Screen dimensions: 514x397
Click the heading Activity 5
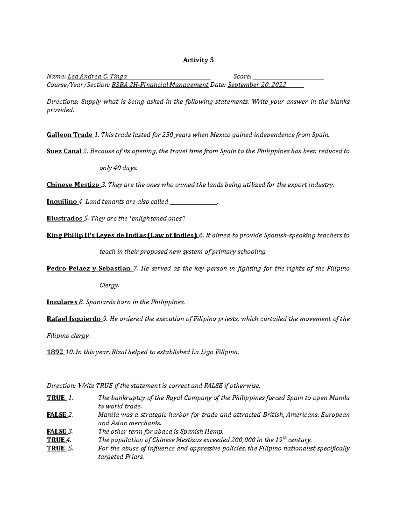click(198, 60)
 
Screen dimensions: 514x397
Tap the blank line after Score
click(288, 77)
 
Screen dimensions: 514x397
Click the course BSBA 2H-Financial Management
click(160, 85)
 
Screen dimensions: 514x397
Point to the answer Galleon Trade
click(69, 135)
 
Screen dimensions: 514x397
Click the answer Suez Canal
click(64, 152)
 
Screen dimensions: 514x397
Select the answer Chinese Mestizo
click(73, 185)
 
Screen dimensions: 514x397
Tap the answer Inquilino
click(62, 202)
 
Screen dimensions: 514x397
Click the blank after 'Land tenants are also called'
click(193, 202)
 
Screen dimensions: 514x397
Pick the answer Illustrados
click(65, 218)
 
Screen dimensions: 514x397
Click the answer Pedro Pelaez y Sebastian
click(89, 269)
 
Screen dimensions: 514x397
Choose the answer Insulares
click(62, 302)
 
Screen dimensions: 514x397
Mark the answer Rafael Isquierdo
click(74, 319)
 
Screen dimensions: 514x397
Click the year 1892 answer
click(55, 352)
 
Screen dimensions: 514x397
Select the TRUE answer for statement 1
click(56, 398)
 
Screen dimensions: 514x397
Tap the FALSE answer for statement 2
click(57, 415)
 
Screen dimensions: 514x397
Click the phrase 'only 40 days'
click(118, 168)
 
